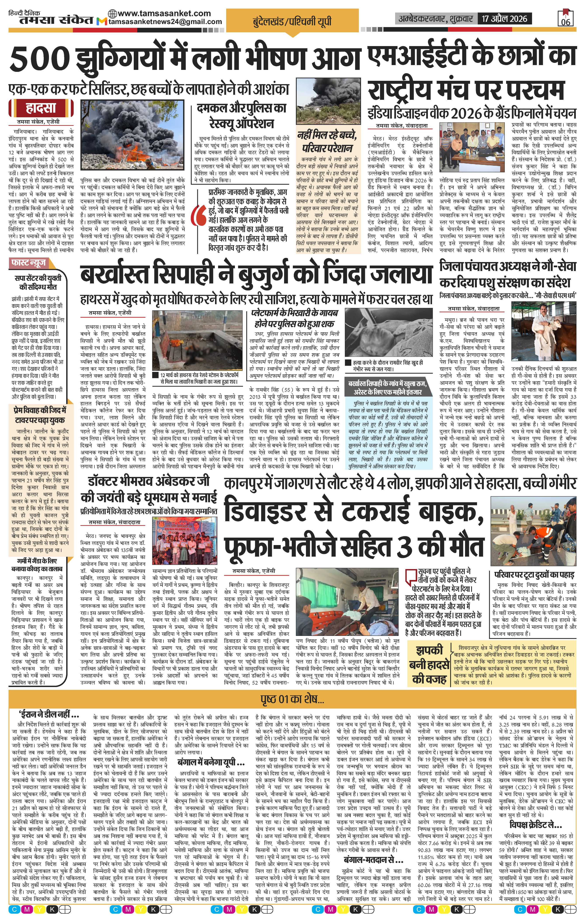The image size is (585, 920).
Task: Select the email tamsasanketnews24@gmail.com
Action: [x=165, y=22]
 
